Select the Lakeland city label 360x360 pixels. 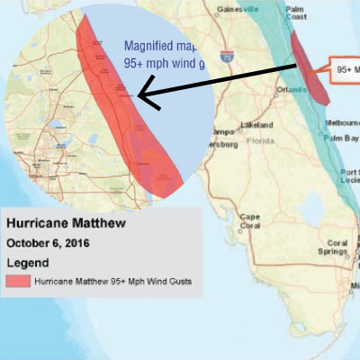pyautogui.click(x=256, y=124)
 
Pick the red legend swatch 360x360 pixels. pyautogui.click(x=17, y=282)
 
